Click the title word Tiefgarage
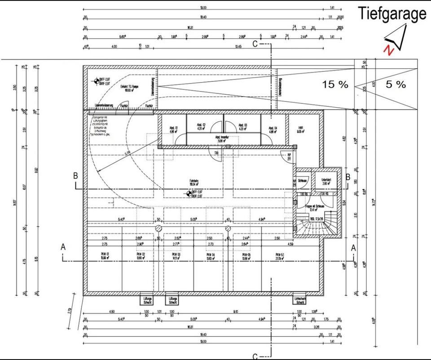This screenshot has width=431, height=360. coord(392,13)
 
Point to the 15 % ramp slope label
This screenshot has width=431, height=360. coord(334,84)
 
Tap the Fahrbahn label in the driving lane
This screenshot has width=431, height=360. coord(194,182)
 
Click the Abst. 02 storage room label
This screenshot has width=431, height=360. coord(201,126)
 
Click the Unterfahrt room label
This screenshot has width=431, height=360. coord(326,181)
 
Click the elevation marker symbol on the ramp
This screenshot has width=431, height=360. coord(96,81)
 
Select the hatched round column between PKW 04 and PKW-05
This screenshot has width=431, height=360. coord(228,228)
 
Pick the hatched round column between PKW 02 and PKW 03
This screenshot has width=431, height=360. coord(158,228)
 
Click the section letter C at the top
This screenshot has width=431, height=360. coord(255,44)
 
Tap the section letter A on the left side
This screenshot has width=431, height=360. coord(63,246)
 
